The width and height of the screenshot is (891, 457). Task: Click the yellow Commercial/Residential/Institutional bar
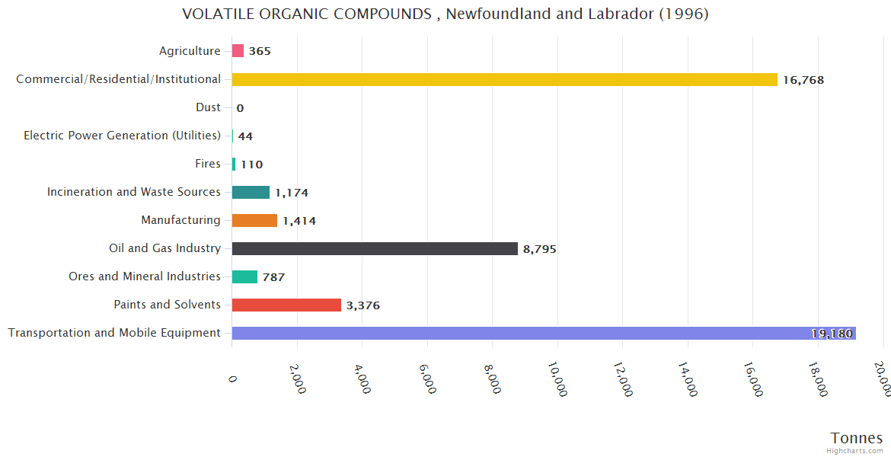(504, 79)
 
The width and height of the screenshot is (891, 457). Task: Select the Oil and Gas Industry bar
(375, 248)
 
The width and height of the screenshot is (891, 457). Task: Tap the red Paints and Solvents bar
(286, 305)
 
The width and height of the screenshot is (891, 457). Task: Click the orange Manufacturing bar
(254, 221)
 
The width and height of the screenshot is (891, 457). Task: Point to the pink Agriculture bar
(238, 51)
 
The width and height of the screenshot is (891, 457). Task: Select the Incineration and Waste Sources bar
(251, 193)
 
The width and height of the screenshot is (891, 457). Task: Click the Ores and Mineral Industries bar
(244, 276)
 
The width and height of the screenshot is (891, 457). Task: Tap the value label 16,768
(803, 80)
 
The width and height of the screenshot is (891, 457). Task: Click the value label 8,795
(539, 249)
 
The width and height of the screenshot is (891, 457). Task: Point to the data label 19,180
(832, 334)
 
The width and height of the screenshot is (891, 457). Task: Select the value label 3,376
(362, 305)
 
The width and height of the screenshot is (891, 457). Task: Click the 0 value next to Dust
(240, 108)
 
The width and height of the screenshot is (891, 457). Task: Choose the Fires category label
(208, 164)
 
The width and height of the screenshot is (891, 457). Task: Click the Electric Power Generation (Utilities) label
(122, 136)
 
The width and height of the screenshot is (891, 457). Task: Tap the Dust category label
(208, 107)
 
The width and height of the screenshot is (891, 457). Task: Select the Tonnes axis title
(856, 438)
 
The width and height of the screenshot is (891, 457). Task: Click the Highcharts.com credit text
(854, 450)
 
